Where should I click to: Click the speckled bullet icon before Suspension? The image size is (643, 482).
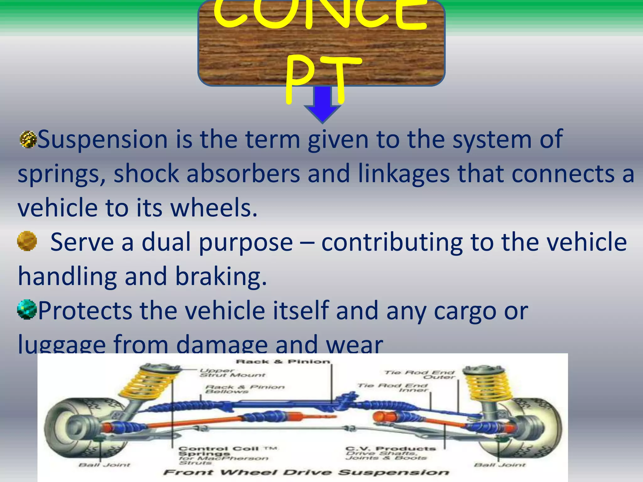pos(28,139)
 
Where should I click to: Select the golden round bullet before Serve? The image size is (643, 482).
pos(27,241)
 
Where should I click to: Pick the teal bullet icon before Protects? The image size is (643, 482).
pos(27,309)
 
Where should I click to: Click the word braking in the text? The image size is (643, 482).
pos(221,276)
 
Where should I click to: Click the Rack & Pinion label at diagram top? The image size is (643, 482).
pos(283,362)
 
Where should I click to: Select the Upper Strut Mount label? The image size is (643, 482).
pos(232,373)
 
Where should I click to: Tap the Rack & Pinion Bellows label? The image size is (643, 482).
pos(245,389)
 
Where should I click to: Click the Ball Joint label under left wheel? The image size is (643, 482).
pos(104,465)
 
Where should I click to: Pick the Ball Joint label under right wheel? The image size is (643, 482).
pos(499,465)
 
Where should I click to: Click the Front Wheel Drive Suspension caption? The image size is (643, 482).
pos(306,473)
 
